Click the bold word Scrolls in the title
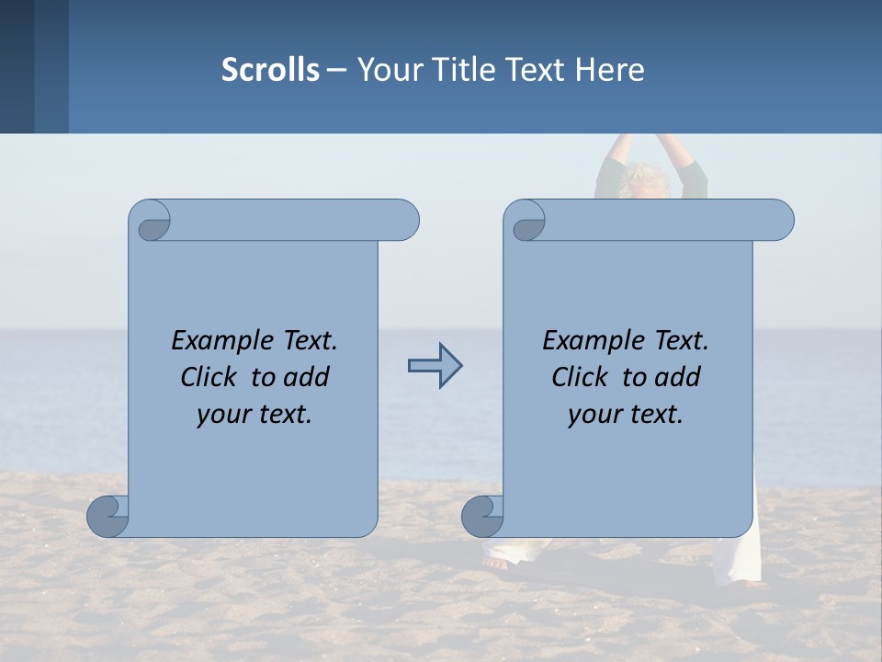[x=270, y=70]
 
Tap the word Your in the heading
[x=389, y=70]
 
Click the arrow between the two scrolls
[x=435, y=366]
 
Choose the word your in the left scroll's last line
[x=221, y=415]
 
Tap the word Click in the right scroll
[x=580, y=377]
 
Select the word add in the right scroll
[x=679, y=377]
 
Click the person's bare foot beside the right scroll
[x=495, y=562]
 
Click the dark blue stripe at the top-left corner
[x=17, y=66]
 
